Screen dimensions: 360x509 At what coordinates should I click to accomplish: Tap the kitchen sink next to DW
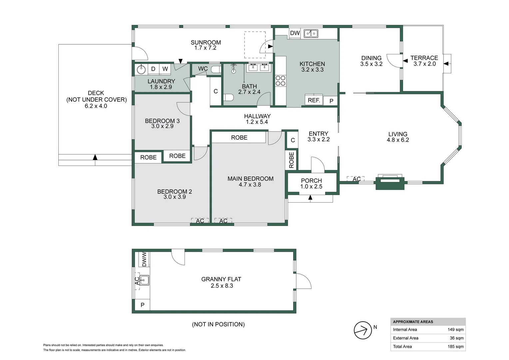coord(311,33)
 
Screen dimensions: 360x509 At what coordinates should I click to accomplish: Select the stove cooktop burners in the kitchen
coord(280,81)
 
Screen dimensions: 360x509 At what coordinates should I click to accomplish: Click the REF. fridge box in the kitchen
coord(314,100)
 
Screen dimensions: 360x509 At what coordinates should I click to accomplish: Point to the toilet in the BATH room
coord(228,98)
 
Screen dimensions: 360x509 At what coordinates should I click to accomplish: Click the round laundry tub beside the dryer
coord(141,69)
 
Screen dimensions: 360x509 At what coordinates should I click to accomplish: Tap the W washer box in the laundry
coord(165,69)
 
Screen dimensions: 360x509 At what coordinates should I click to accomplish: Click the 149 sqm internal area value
coord(455,330)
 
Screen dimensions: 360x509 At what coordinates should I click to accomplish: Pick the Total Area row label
coord(402,347)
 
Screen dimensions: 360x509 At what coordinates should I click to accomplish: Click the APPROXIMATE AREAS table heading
coord(413,322)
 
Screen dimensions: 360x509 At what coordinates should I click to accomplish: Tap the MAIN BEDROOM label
coord(250,179)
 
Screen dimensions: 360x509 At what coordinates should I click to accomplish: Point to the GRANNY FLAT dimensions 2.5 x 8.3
coord(222,286)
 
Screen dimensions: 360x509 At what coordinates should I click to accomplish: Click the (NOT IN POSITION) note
coord(218,324)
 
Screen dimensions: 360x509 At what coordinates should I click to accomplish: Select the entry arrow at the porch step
coord(310,198)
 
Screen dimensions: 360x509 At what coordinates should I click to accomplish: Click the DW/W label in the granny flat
coord(144,259)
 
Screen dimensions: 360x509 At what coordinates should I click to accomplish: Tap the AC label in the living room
coord(356,179)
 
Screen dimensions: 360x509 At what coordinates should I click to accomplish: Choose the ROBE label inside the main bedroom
coord(239,137)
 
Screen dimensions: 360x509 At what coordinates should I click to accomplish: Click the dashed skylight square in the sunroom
coord(255,45)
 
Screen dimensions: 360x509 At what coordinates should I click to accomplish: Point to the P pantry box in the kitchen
coord(331,101)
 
